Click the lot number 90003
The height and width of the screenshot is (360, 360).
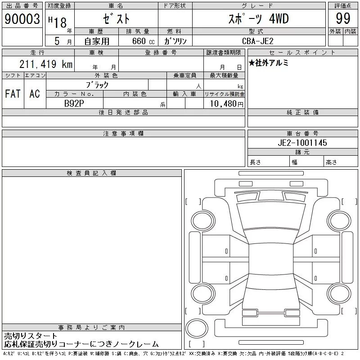(22, 19)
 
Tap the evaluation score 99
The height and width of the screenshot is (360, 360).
(343, 18)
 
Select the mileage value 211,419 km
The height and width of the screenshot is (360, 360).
(46, 64)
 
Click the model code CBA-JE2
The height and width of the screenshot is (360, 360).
(258, 41)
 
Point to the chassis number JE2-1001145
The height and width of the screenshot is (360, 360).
(302, 143)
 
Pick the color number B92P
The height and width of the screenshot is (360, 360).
(74, 103)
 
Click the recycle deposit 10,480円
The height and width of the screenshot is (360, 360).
(226, 104)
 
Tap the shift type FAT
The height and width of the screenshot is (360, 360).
(13, 94)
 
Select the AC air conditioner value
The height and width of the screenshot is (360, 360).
(35, 94)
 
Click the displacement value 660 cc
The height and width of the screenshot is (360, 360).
(143, 41)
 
